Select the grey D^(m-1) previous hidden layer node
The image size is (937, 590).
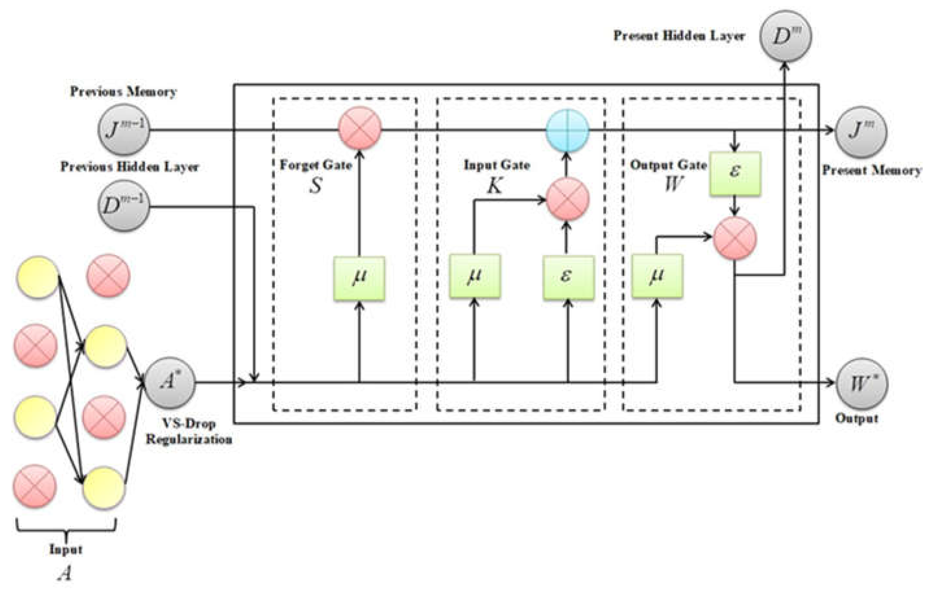[x=124, y=206]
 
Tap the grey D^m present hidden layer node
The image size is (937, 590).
[x=785, y=36]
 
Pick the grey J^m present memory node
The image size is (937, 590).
[x=861, y=131]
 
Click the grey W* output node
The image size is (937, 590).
[x=862, y=383]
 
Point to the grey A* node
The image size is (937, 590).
[x=170, y=383]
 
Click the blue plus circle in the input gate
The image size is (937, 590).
[x=567, y=130]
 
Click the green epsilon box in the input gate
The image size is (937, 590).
[x=568, y=277]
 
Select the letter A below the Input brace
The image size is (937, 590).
[x=65, y=573]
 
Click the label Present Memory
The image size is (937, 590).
[x=872, y=170]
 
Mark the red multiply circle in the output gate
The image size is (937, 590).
[x=735, y=238]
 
